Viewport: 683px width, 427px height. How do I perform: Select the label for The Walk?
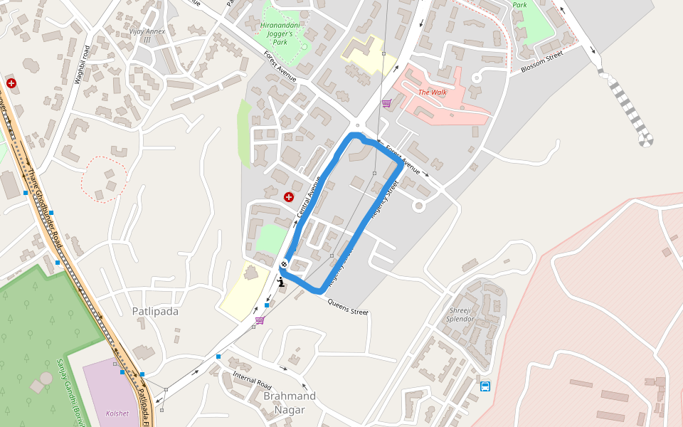(x=433, y=92)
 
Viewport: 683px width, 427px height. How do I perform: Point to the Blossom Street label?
(x=541, y=61)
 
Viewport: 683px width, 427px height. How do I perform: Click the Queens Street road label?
(x=348, y=307)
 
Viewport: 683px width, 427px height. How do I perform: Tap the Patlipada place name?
(x=155, y=311)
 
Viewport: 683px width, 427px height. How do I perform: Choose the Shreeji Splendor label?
(x=461, y=315)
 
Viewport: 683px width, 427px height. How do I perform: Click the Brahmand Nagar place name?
(x=290, y=403)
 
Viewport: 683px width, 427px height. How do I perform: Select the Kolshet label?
(x=117, y=413)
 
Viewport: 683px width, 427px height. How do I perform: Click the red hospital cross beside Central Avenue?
(x=288, y=196)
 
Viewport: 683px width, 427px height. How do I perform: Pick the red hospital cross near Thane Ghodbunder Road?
(x=11, y=83)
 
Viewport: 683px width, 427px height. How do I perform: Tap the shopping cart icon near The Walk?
(x=386, y=103)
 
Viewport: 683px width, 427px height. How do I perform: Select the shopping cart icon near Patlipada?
(x=260, y=320)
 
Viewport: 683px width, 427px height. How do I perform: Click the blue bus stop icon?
(x=485, y=386)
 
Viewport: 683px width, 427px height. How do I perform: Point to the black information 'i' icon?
(x=282, y=281)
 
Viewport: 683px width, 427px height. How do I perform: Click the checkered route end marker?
(x=284, y=265)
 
